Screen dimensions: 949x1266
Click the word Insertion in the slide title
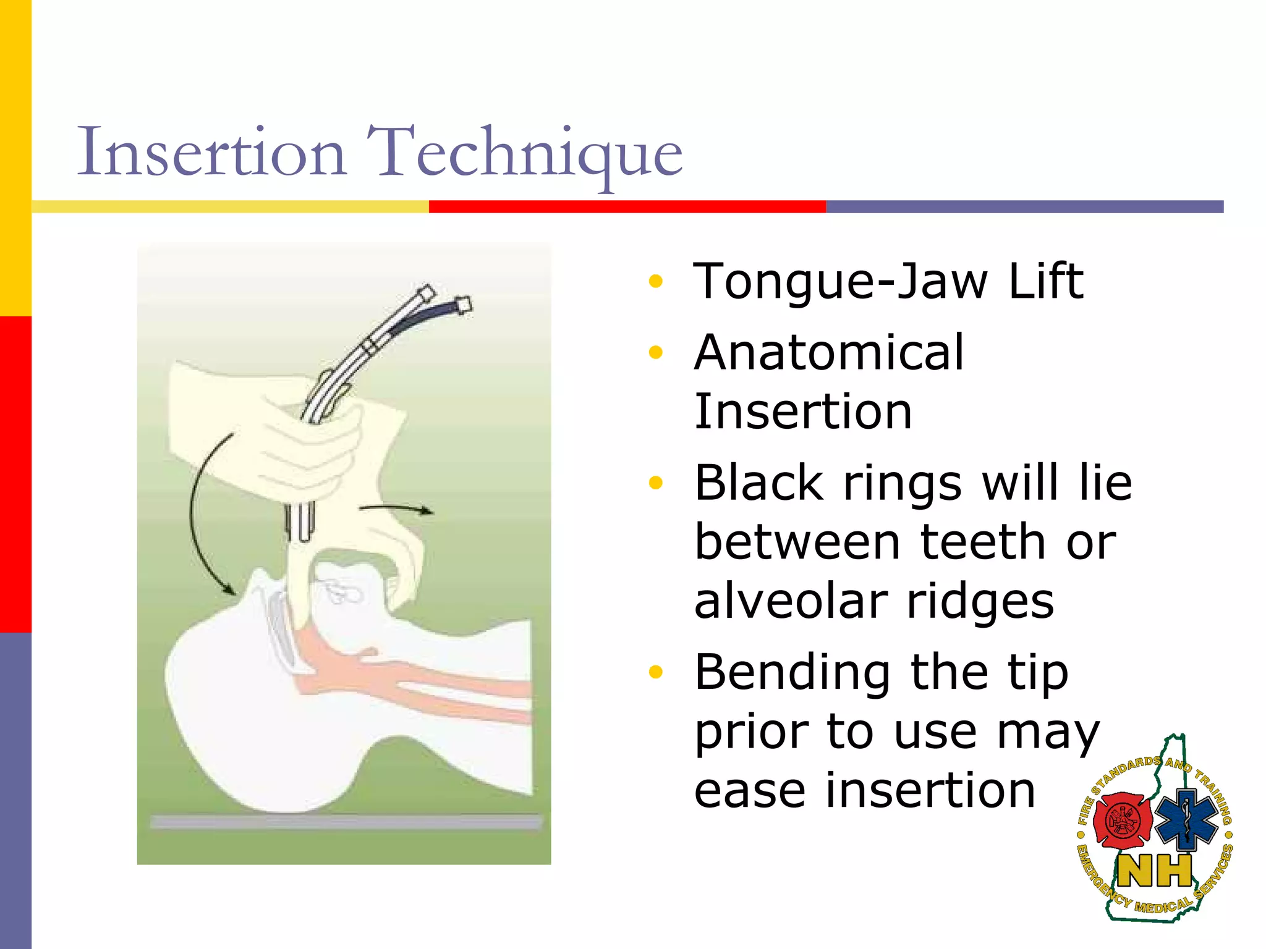(x=210, y=152)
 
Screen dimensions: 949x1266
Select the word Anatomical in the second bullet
(x=828, y=352)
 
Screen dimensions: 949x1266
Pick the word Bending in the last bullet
(x=792, y=672)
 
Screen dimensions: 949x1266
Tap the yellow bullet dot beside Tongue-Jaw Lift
(x=655, y=282)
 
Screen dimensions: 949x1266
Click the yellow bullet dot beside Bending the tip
(x=655, y=672)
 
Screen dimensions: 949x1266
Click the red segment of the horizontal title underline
(x=627, y=206)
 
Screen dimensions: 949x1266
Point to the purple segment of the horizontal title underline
(x=1024, y=206)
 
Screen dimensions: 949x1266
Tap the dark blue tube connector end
(x=462, y=305)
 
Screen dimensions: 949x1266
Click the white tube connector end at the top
(x=427, y=292)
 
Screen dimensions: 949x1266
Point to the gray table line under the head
(x=346, y=822)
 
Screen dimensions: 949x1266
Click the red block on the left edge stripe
(x=15, y=474)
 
